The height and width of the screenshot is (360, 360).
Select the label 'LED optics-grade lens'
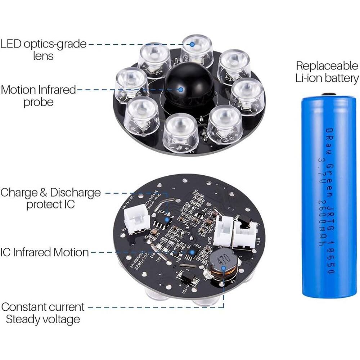point(43,50)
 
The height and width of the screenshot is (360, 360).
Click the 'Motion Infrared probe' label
point(39,95)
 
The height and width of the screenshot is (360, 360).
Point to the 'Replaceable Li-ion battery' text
point(327,72)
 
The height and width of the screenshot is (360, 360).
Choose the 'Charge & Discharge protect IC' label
point(50,198)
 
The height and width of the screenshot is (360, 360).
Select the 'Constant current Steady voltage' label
point(43,313)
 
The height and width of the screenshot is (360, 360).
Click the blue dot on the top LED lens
point(192,45)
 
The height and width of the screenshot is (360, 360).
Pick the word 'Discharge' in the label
point(75,192)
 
